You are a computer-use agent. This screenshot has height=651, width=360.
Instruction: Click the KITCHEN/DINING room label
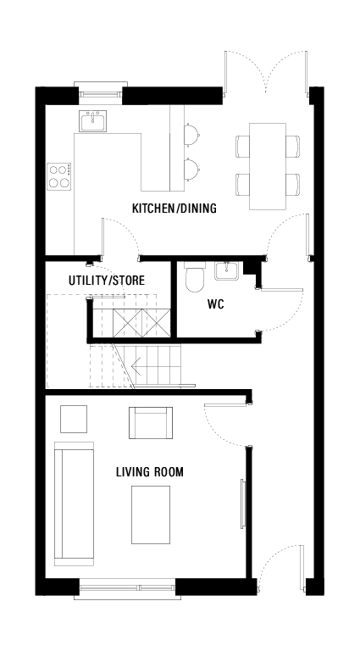174,209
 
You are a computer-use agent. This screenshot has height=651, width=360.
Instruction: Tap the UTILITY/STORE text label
107,280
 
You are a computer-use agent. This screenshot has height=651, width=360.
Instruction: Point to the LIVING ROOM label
150,471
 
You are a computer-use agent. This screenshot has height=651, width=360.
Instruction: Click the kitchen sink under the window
92,121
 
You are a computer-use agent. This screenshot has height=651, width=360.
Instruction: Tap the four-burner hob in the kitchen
59,176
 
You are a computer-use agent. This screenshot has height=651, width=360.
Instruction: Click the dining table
269,166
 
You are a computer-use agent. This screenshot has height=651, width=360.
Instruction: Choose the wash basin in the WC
227,271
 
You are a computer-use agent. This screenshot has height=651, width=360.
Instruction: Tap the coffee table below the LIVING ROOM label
150,514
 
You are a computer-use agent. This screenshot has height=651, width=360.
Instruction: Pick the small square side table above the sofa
73,418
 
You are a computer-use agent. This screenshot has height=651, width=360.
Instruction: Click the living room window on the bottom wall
127,587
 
